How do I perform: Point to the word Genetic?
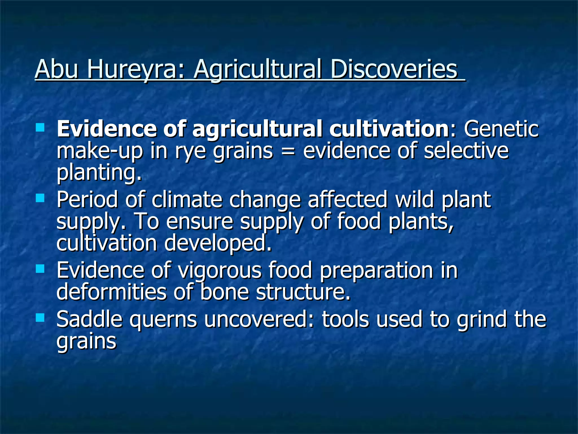coord(501,129)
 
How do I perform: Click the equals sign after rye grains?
coord(288,151)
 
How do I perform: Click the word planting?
coord(99,173)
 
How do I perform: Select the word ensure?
coord(200,222)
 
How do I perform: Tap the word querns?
coord(163,320)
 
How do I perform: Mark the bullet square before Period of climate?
coord(40,198)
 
